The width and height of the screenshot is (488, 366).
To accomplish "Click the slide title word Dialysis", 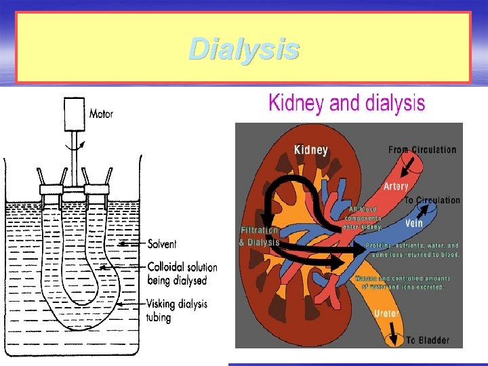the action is click(244, 49).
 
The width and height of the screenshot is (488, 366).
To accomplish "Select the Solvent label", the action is click(162, 243).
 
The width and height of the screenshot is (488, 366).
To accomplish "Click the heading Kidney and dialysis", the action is click(346, 104).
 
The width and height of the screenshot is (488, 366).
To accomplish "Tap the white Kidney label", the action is click(311, 150).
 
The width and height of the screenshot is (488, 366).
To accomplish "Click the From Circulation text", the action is click(422, 149).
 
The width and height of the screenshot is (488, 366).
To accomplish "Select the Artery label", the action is click(396, 186).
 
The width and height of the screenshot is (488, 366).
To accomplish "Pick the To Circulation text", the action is click(432, 200).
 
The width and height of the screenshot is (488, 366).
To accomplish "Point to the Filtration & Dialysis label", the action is click(259, 237).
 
